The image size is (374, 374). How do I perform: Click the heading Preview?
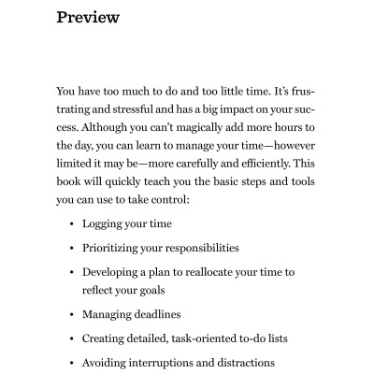click(x=88, y=17)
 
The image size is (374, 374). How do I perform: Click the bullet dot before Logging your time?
click(x=72, y=224)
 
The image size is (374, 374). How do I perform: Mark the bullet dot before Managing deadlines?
click(x=72, y=314)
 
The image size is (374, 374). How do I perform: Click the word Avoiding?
click(x=106, y=362)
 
